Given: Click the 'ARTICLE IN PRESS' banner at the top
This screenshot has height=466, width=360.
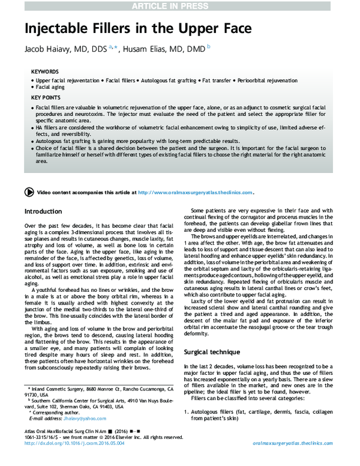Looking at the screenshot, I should coord(180,5).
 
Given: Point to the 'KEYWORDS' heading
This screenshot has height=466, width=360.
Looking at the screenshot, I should coord(45,71).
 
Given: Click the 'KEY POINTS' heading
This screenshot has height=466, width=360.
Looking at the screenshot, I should coord(46,97).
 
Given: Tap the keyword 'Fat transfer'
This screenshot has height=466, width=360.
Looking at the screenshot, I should coord(221,80).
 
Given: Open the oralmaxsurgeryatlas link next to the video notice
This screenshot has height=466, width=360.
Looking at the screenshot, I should coord(195,193).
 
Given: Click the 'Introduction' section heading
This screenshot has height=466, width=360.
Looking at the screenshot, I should coord(43,211).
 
